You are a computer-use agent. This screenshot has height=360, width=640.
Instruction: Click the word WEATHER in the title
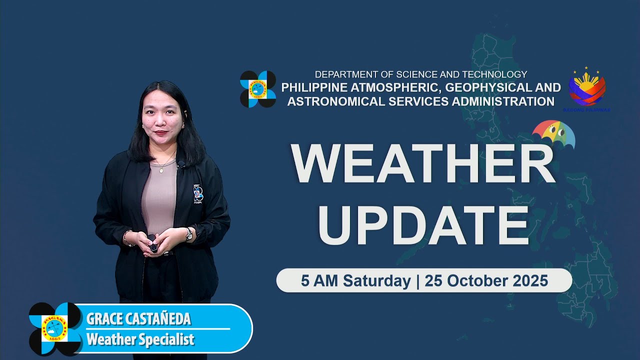pyautogui.click(x=423, y=164)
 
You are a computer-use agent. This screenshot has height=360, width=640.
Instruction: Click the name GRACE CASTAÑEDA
pyautogui.click(x=138, y=319)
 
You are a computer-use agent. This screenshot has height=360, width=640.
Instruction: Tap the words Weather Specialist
pyautogui.click(x=140, y=340)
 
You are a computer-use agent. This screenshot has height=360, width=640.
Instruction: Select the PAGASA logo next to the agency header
pyautogui.click(x=258, y=89)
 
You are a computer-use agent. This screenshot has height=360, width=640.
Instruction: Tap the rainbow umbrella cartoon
pyautogui.click(x=554, y=134)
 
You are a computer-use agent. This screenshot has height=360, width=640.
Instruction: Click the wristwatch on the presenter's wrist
pyautogui.click(x=188, y=233)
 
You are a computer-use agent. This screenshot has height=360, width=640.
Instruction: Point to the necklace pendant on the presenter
pyautogui.click(x=160, y=170)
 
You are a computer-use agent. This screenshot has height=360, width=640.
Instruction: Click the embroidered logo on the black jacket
pyautogui.click(x=198, y=194)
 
